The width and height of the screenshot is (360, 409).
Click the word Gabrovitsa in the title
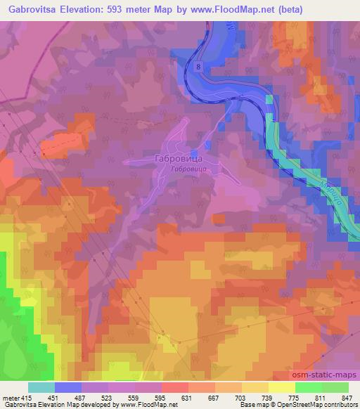33,9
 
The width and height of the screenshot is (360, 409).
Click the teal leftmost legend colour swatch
41,388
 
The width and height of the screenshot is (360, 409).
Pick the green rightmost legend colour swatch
335,388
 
